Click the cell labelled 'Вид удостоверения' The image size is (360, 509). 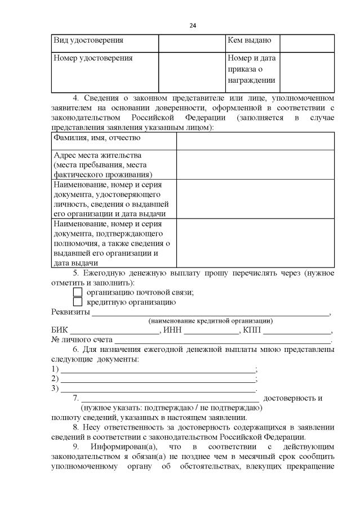pos(88,41)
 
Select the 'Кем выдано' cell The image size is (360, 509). pos(249,41)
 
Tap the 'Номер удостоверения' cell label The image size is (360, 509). pos(92,58)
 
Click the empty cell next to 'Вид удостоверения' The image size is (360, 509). pos(191,43)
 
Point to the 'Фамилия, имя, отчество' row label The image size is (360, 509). pos(96,137)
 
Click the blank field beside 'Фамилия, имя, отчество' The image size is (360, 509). pos(255,141)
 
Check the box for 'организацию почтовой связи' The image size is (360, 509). pos(78,292)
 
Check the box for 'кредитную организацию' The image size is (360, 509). pos(78,302)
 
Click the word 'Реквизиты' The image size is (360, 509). pos(70,312)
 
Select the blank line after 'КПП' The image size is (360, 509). pos(297,332)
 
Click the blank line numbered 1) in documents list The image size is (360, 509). pos(158,370)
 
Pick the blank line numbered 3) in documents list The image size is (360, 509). pos(158,389)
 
